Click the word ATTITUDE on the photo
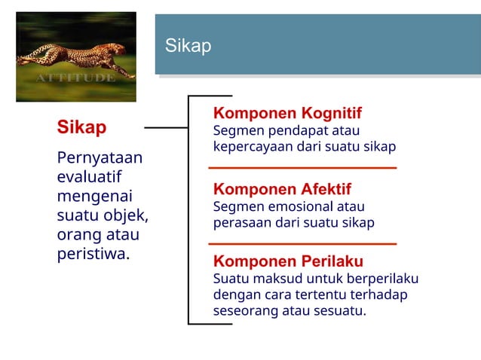coord(75,78)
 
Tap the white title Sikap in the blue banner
coord(188,46)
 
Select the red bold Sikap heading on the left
coord(81,127)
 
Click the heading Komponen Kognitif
coord(287,114)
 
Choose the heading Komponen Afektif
coord(282,189)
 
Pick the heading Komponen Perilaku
coord(288,261)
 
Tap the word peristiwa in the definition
coord(91,254)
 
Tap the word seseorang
coord(246,310)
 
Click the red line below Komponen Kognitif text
coord(302,167)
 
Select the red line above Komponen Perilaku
coord(302,244)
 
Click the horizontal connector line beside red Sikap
coord(166,128)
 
